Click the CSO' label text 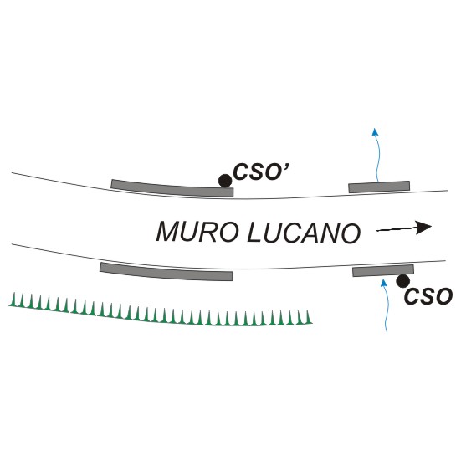click(261, 172)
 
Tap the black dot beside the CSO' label click(225, 181)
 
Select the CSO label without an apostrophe click(428, 296)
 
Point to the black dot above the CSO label click(402, 281)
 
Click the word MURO click(197, 233)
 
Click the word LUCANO click(304, 233)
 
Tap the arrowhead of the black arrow click(423, 228)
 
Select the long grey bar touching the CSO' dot click(172, 189)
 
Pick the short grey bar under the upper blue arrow click(379, 187)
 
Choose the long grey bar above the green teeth click(166, 272)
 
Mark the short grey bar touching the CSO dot click(383, 271)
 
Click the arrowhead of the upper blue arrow click(375, 131)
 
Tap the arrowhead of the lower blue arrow click(383, 283)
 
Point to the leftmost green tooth click(13, 300)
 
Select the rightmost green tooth click(308, 318)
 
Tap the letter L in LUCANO click(254, 233)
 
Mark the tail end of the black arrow click(377, 231)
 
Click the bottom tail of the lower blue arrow click(387, 331)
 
